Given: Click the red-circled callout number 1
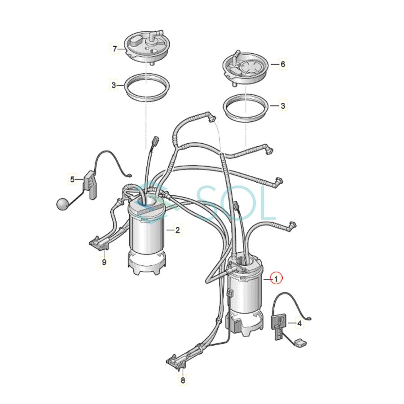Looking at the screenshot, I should (x=277, y=279).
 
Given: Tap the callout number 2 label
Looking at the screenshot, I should (x=178, y=230).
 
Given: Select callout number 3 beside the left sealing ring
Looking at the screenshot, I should (x=114, y=84).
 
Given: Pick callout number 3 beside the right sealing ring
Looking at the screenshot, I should (x=283, y=106).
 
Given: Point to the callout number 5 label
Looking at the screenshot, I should (x=72, y=180).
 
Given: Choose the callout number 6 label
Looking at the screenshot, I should (x=283, y=64).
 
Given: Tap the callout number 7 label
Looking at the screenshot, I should (x=114, y=48).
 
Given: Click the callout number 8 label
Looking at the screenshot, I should (x=183, y=381).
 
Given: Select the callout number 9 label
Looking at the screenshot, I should (x=104, y=262).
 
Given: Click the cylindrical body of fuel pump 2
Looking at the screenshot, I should (x=146, y=233).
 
